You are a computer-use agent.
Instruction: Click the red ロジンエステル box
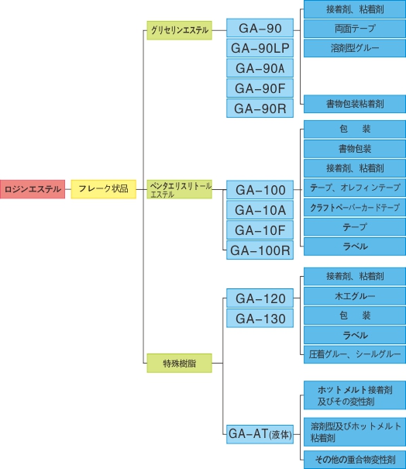(33, 189)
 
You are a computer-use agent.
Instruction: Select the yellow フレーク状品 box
(104, 189)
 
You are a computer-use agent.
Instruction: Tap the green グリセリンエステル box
(180, 30)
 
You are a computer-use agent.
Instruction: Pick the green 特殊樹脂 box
(180, 363)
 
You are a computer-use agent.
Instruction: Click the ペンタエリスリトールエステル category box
(180, 189)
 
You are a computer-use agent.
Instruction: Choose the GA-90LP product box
(260, 48)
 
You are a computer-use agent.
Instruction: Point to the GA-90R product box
(260, 109)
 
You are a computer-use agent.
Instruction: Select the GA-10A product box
(260, 210)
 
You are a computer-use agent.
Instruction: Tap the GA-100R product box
(260, 250)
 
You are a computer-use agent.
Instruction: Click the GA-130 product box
(260, 319)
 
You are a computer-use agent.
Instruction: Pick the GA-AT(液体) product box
(260, 434)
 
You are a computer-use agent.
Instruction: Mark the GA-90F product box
(260, 88)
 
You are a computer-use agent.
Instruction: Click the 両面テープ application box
(355, 29)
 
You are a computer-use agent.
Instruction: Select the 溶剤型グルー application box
(355, 48)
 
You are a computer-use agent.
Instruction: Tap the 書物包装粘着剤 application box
(355, 104)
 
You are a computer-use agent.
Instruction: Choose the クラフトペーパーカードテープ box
(355, 207)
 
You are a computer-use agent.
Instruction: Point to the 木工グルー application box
(355, 296)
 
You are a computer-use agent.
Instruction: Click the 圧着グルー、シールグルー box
(355, 355)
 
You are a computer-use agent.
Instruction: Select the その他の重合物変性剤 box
(355, 460)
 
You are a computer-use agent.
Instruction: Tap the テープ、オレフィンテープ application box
(355, 188)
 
